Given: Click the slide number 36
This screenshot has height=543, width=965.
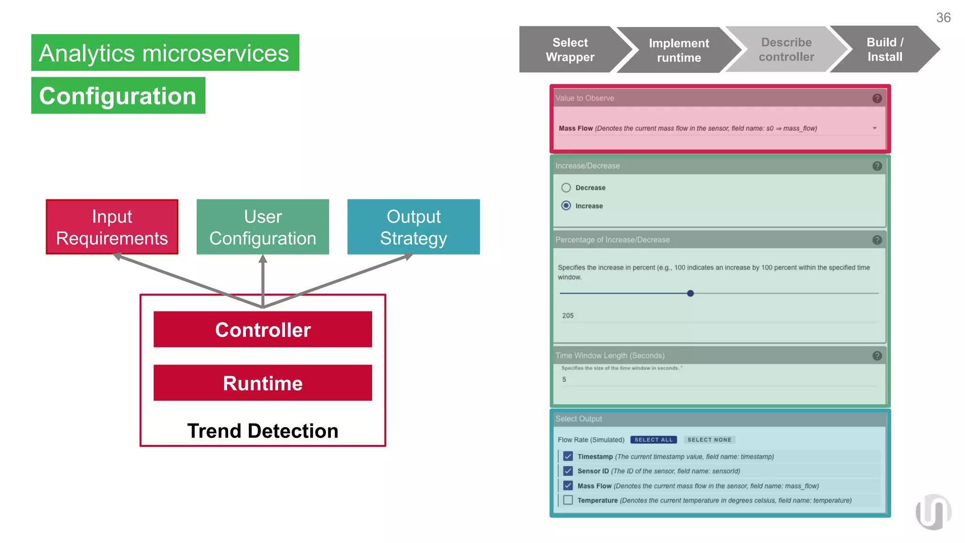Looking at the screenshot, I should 943,18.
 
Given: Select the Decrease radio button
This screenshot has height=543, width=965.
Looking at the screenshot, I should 566,188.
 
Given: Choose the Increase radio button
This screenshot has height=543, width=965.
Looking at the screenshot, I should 566,206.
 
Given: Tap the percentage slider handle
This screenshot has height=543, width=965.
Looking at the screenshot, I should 690,293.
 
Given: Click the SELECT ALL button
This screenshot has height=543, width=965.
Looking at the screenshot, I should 653,440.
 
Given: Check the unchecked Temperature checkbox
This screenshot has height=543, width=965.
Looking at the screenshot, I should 568,500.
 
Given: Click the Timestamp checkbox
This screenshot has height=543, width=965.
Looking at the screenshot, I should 568,456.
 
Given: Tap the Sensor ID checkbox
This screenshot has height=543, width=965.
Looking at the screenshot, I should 568,471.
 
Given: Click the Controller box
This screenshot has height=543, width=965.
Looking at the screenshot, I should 262,329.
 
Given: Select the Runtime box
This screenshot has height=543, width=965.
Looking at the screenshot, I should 262,383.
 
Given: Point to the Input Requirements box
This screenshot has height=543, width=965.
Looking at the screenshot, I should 112,227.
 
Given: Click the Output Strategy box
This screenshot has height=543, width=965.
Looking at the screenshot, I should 413,227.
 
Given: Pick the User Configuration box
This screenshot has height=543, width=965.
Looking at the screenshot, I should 262,227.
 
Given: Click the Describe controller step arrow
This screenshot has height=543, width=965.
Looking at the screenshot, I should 786,49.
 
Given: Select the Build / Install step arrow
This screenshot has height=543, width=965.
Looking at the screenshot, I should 884,49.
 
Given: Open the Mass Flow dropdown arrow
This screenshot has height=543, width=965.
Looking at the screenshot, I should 875,128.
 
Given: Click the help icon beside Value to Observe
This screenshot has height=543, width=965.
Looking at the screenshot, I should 877,99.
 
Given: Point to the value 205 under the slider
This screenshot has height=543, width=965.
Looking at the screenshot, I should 568,315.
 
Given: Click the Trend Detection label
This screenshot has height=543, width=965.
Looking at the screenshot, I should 262,431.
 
